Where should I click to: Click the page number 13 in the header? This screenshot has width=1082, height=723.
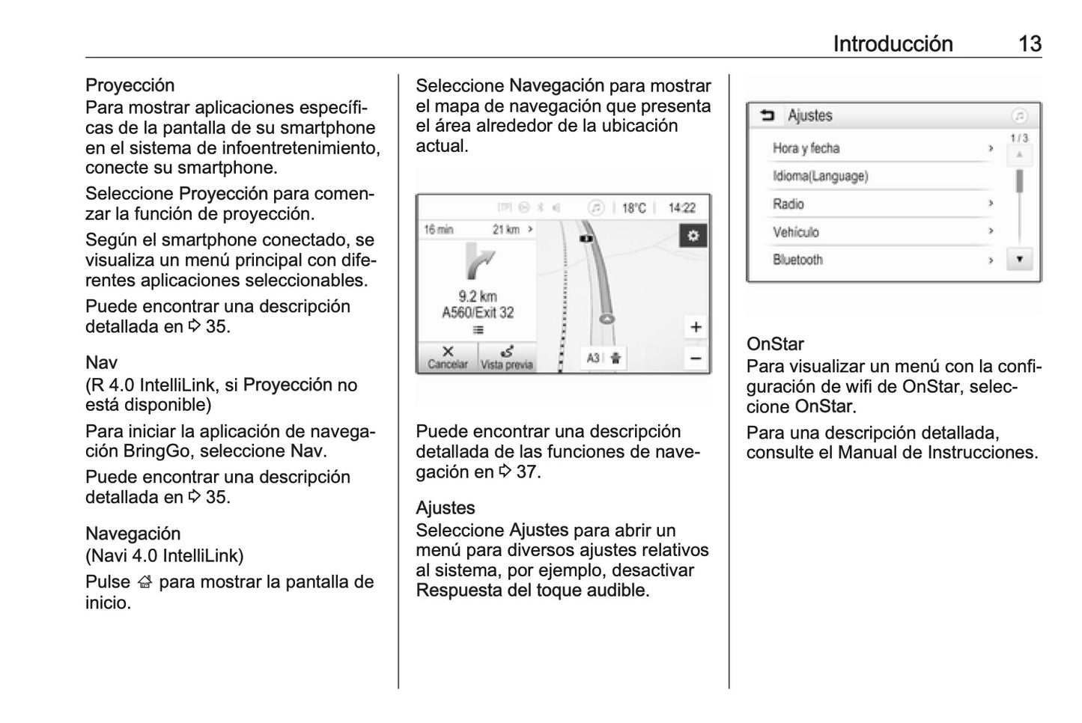click(x=1030, y=43)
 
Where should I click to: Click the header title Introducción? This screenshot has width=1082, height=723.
click(x=893, y=43)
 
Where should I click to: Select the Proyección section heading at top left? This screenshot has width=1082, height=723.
click(x=130, y=85)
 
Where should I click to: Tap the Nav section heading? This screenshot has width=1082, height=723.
click(x=101, y=363)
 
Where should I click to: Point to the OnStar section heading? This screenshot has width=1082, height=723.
click(x=775, y=344)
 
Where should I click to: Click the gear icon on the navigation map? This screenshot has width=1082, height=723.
click(x=693, y=236)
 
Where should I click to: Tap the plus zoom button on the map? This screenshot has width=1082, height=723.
click(x=696, y=327)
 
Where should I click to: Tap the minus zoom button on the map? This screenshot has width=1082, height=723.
click(x=696, y=359)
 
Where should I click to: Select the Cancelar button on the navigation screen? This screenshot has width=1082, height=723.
click(x=448, y=358)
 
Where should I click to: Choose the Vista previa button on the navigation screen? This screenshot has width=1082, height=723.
click(x=507, y=358)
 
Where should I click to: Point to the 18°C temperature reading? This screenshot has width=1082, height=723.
click(x=633, y=208)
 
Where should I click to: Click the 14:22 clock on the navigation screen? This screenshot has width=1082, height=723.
click(x=681, y=208)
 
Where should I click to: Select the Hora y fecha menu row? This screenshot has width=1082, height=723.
click(x=806, y=148)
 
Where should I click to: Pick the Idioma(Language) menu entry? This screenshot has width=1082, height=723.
click(x=821, y=177)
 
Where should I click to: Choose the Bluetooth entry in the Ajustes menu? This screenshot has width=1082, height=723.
click(x=798, y=260)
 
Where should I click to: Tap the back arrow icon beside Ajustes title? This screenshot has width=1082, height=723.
click(x=768, y=115)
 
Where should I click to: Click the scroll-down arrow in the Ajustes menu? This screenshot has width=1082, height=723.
click(x=1019, y=259)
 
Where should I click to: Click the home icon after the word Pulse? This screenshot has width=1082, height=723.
click(x=145, y=582)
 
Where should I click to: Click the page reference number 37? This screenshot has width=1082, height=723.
click(x=527, y=472)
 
